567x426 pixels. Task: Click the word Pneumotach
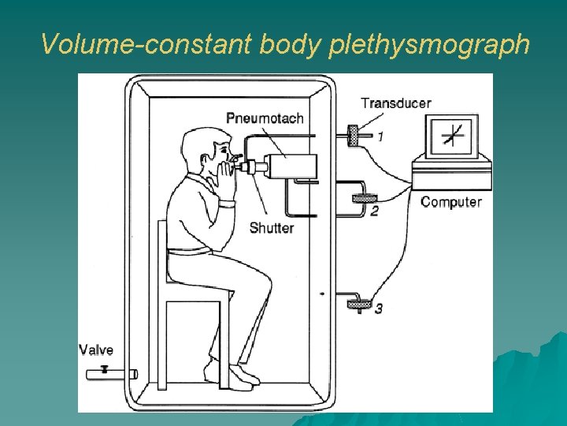click(265, 118)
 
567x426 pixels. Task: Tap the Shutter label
click(271, 228)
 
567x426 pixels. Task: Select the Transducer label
click(396, 103)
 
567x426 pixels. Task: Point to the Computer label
click(450, 202)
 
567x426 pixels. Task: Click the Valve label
click(96, 350)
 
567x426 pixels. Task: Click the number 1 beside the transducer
click(380, 136)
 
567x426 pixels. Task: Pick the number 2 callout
click(374, 211)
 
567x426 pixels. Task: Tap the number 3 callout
click(379, 308)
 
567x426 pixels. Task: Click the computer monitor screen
click(452, 136)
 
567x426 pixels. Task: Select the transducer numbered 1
click(354, 135)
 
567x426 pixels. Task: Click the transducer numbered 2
click(363, 199)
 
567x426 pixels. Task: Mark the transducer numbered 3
click(360, 302)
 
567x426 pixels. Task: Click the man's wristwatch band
click(228, 204)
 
